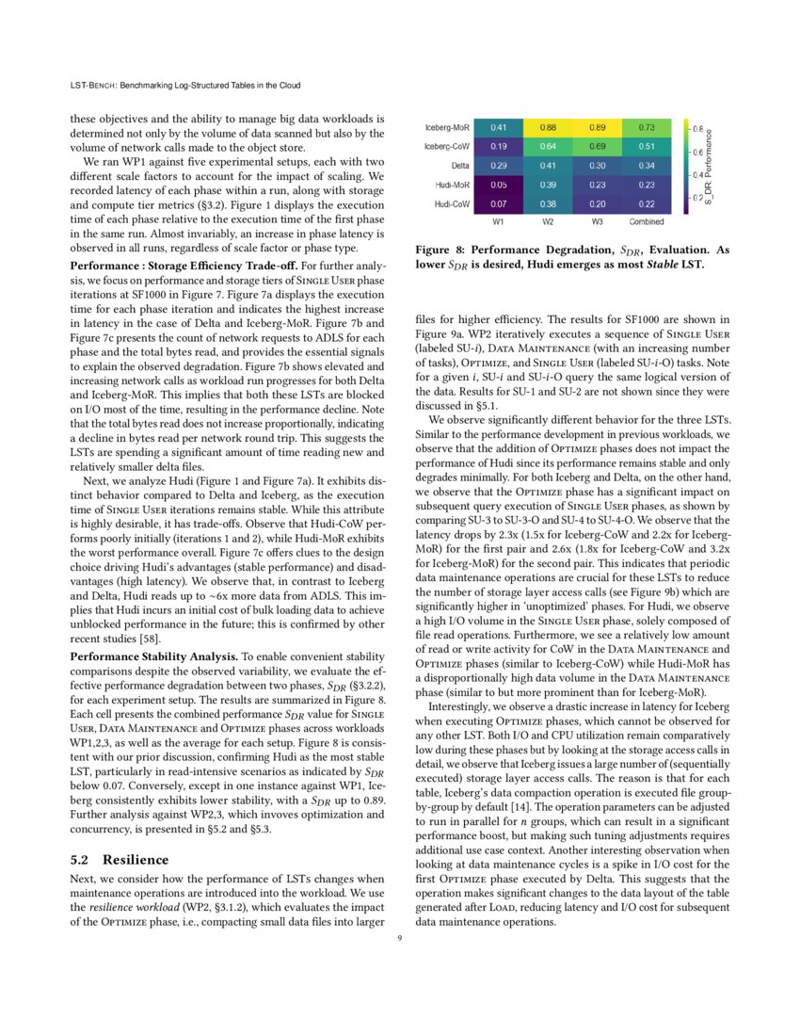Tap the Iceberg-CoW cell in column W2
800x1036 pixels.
coord(547,146)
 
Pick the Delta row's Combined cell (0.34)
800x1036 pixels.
coord(645,166)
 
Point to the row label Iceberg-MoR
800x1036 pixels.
coord(447,127)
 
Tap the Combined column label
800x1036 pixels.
coord(645,222)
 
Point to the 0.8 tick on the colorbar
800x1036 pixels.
coord(696,127)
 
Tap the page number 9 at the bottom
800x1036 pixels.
coord(400,937)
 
